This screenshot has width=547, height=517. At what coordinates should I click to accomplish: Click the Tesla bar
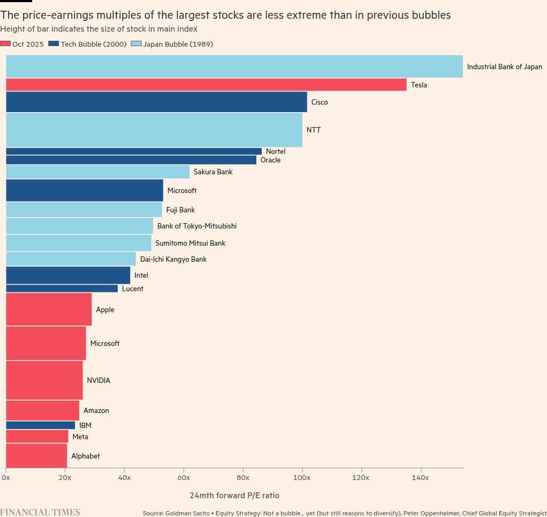point(206,85)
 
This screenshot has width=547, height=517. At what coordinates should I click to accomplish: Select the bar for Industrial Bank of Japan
point(234,67)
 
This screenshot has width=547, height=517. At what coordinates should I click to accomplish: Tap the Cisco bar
point(156,102)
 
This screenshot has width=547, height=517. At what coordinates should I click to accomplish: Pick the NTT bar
point(154,130)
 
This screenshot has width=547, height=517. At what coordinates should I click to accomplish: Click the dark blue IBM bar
point(40,425)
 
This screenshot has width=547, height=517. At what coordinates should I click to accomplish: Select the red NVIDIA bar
point(44,380)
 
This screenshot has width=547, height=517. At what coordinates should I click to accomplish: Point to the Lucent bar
point(62,289)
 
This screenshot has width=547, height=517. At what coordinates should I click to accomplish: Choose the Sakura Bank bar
point(98,172)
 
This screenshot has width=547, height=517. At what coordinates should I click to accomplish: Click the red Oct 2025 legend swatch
point(5,45)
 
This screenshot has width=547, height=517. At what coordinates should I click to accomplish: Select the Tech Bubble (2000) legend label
point(94,45)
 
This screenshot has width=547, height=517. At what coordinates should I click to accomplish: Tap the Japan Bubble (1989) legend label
point(178,45)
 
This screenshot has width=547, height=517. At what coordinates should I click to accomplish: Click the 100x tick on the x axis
point(302,477)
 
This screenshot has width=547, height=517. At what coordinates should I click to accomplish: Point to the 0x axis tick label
point(5,477)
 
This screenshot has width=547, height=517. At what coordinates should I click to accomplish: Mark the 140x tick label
point(420,477)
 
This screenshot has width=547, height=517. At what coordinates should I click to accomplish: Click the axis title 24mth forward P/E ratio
point(234,496)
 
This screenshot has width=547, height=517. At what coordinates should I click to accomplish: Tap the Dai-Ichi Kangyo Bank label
point(173,260)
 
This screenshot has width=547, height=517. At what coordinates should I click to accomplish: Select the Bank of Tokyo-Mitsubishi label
point(197,226)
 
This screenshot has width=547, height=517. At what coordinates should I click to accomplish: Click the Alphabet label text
point(85,456)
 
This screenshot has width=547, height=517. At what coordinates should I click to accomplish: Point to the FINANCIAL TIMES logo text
point(40,512)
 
